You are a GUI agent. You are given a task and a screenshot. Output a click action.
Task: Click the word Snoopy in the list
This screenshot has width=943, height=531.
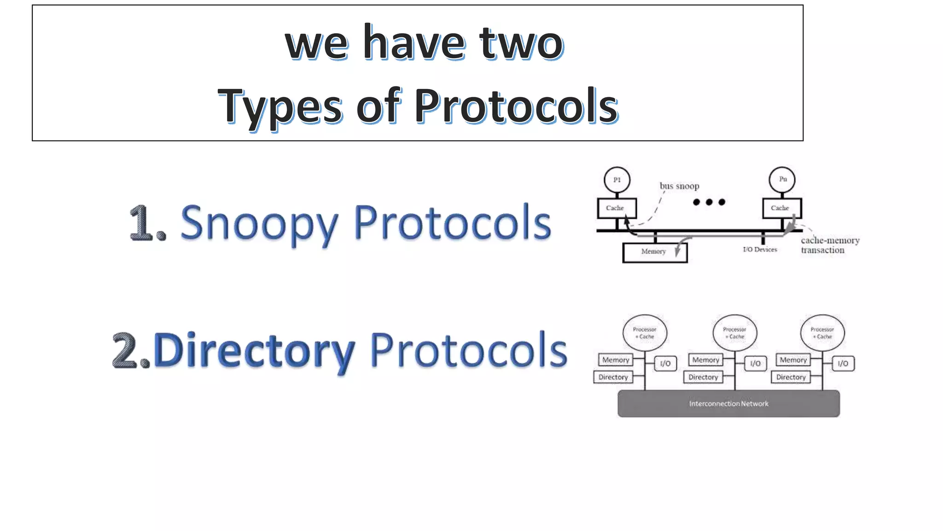click(259, 224)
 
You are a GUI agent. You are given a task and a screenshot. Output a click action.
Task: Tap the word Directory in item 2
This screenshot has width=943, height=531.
click(254, 351)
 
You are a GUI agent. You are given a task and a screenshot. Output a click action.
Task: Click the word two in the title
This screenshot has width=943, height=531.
click(521, 43)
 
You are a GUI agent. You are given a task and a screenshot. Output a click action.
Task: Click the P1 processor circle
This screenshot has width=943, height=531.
click(617, 180)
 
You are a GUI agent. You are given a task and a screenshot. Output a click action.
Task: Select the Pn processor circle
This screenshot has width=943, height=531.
click(782, 179)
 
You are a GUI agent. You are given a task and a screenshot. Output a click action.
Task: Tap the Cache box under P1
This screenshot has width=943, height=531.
click(617, 208)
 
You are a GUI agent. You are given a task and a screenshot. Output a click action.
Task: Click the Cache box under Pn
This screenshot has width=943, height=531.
click(781, 208)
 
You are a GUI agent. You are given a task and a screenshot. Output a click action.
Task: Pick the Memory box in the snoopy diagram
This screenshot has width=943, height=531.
click(654, 252)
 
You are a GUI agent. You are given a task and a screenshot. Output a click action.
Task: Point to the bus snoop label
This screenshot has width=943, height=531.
click(679, 186)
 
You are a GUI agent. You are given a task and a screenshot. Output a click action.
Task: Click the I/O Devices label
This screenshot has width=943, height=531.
click(760, 250)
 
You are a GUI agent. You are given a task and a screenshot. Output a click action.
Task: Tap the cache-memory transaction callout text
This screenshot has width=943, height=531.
click(829, 245)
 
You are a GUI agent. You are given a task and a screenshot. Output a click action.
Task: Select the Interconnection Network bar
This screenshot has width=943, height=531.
click(728, 404)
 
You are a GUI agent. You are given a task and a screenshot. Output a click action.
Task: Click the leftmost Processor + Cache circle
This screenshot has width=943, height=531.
click(645, 333)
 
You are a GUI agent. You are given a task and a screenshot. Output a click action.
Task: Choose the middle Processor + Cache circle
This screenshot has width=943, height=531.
click(734, 333)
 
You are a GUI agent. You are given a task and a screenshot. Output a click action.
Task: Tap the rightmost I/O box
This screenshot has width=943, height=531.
click(843, 364)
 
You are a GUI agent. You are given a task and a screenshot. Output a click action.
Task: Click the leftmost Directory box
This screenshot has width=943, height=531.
click(613, 377)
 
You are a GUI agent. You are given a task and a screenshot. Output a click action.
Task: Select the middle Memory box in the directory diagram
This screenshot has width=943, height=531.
click(705, 360)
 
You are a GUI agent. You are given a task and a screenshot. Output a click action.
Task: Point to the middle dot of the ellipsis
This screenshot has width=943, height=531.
click(709, 202)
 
